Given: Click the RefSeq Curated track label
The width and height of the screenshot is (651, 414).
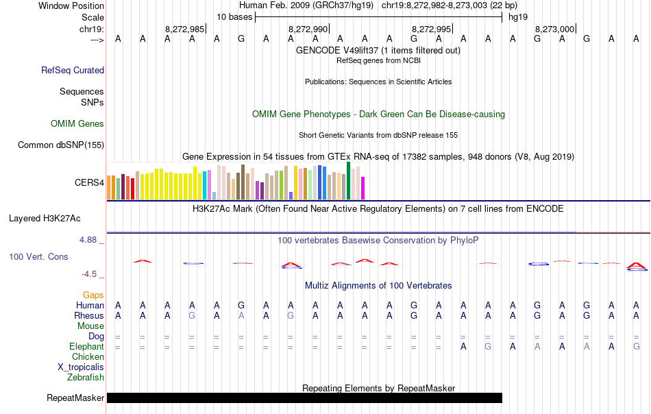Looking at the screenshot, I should pos(73,70).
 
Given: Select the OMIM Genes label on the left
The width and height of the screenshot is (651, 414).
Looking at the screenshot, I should pos(77,123).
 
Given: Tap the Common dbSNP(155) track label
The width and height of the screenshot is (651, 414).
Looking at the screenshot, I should pos(61,145).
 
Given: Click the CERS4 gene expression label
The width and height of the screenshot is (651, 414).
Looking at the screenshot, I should pos(89,183).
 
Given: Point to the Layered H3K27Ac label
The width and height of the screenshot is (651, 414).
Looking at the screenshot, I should pos(45,219).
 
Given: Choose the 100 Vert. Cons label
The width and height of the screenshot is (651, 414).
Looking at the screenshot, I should pos(38,256).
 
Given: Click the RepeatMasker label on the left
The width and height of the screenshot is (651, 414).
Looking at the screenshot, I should pos(75,398).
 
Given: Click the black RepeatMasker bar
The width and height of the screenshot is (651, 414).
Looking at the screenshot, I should pos(304,398).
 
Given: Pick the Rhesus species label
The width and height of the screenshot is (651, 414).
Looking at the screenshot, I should pos(89,315).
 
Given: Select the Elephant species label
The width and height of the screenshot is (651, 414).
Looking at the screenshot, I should pos(86,346).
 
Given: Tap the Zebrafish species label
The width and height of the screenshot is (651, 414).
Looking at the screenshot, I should pos(86,377).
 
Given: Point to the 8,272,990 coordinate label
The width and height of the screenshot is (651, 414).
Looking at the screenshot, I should pos(308,29).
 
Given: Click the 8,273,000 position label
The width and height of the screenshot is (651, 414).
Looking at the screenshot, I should pos(554,29).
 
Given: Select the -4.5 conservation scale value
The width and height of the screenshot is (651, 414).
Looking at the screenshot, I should pos(89,274).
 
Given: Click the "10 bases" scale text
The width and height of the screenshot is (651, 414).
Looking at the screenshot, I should pos(234,16).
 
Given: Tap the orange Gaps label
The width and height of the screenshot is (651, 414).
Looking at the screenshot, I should pos(93,295).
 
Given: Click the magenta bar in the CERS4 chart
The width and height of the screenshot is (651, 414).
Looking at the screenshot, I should pos(363,188).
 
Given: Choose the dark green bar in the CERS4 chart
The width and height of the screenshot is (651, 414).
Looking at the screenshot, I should pos(349,180).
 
